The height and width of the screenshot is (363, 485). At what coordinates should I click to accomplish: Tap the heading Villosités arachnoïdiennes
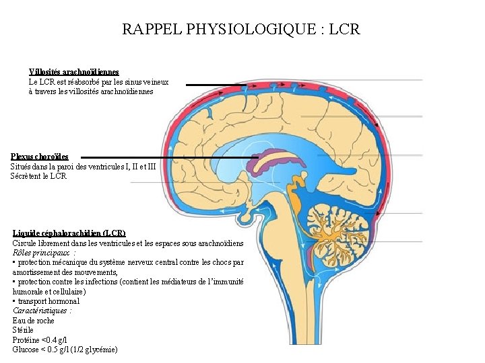[74, 71]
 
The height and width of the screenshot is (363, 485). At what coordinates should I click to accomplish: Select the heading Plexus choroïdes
[39, 157]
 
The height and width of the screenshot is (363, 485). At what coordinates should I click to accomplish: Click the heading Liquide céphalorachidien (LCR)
[69, 233]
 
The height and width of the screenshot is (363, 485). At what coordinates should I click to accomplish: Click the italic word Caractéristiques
[41, 311]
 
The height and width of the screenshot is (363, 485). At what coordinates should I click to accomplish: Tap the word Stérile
[23, 330]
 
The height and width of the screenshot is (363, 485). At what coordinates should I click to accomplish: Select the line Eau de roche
[32, 321]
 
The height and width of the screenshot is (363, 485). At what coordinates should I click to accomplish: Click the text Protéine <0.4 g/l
[40, 340]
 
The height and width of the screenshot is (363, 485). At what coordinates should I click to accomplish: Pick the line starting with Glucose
[65, 350]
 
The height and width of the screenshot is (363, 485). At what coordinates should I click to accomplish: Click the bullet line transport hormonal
[48, 301]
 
